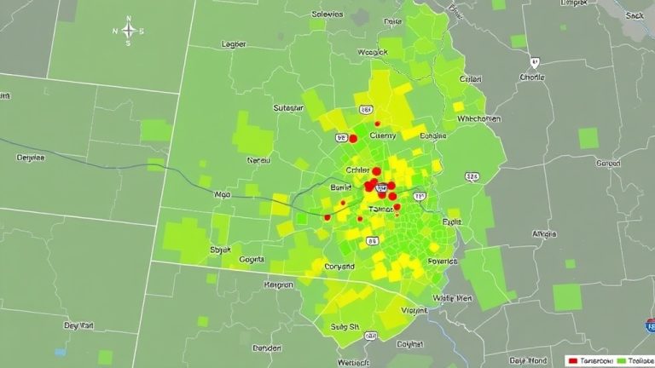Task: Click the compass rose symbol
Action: click(129, 32)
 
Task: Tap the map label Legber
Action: click(234, 43)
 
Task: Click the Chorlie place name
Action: click(531, 77)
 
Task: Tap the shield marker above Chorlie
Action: click(535, 62)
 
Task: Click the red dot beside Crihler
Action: click(376, 171)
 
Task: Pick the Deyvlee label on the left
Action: click(32, 157)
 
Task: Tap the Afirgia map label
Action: click(544, 233)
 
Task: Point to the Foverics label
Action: click(442, 262)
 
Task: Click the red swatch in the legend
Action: click(572, 360)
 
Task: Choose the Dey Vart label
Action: click(78, 325)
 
